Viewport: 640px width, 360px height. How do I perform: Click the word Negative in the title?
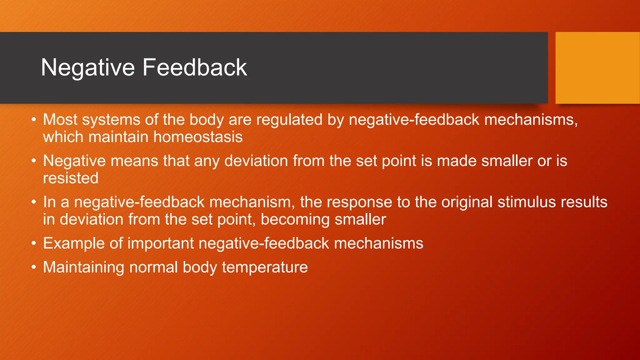click(x=88, y=68)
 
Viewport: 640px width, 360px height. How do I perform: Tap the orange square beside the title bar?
click(x=597, y=68)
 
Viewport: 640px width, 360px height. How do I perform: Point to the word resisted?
click(x=71, y=178)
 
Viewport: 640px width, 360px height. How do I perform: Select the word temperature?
click(x=265, y=267)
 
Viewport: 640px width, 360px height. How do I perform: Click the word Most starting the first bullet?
click(x=60, y=120)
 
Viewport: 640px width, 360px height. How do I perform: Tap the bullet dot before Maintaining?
click(x=34, y=268)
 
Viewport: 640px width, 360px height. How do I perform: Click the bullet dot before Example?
click(x=34, y=244)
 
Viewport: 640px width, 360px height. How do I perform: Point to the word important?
click(x=161, y=244)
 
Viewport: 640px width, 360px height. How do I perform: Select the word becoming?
click(x=295, y=220)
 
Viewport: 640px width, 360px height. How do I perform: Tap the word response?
click(x=359, y=202)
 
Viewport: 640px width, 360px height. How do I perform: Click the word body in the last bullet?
click(x=200, y=267)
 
